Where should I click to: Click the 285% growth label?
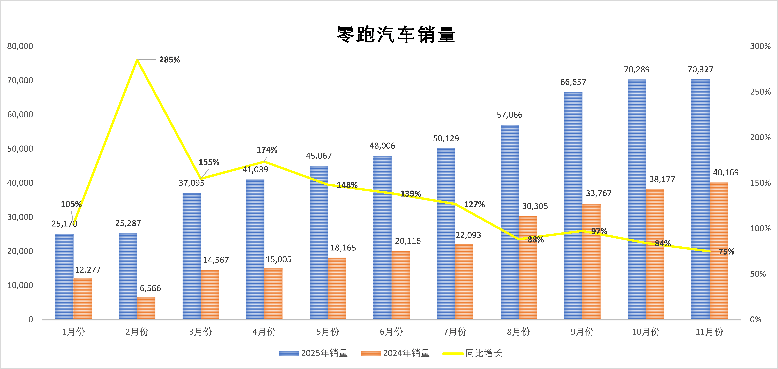169,60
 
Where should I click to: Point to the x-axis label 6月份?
391,332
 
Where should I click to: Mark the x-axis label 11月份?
709,332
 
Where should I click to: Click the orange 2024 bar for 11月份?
719,251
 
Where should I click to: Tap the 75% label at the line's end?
726,252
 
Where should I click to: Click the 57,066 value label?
510,115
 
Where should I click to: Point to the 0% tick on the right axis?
756,319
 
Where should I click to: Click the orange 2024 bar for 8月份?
528,267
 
